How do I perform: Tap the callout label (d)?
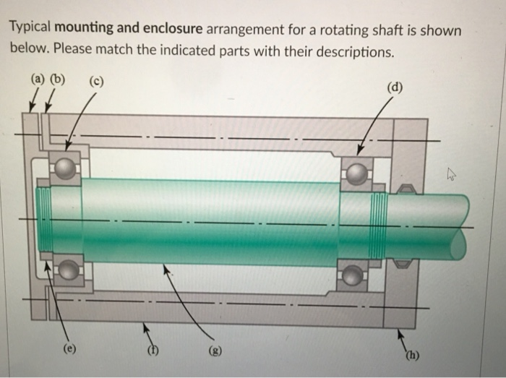tap(395, 90)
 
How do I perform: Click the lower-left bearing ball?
tap(69, 270)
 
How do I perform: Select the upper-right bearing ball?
tap(357, 173)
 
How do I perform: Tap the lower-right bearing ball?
tap(352, 275)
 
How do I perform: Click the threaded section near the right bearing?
tap(378, 225)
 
